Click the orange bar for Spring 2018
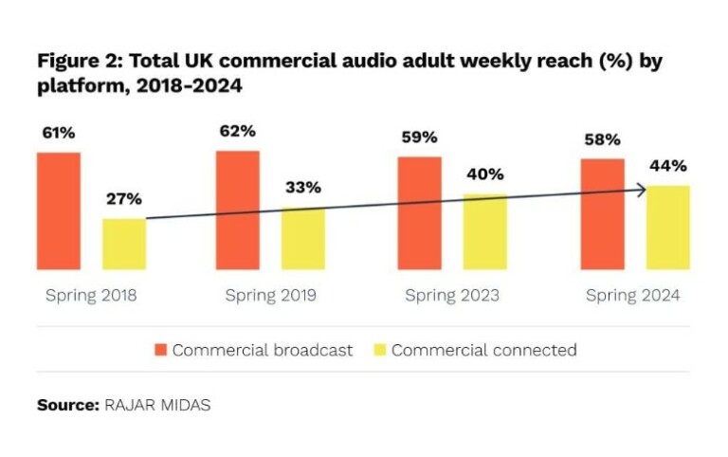click(59, 210)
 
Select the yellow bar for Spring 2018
click(124, 244)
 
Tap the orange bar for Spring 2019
click(237, 210)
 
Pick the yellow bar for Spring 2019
click(303, 238)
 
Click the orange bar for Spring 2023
click(419, 212)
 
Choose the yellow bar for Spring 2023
click(484, 231)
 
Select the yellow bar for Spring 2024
click(668, 228)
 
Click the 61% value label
click(58, 133)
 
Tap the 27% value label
click(124, 199)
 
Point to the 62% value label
click(237, 131)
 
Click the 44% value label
click(668, 166)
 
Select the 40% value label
click(484, 174)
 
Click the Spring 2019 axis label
click(271, 295)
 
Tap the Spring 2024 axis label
click(632, 295)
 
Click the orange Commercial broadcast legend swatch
click(160, 350)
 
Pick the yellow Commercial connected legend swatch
click(379, 350)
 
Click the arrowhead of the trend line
click(643, 190)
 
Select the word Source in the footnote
click(66, 405)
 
